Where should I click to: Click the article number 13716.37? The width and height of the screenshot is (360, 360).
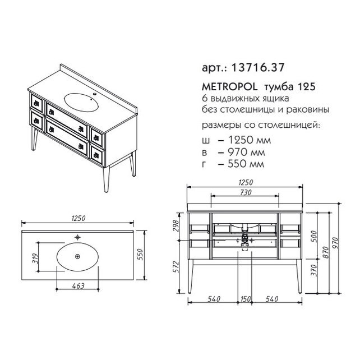(258, 67)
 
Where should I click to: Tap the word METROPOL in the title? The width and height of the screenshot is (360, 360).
(230, 87)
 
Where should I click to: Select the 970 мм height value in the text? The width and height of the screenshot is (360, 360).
(246, 152)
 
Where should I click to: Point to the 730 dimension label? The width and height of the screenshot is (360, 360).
(246, 192)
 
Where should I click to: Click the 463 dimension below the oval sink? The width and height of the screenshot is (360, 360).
(79, 286)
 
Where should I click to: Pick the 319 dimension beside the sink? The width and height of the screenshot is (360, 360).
(35, 259)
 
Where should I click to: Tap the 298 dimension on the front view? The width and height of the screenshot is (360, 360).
(176, 225)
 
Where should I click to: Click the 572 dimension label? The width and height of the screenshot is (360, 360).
(176, 266)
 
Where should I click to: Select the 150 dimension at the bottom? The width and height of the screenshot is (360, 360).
(245, 299)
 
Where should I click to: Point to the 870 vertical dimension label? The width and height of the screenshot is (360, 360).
(326, 252)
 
